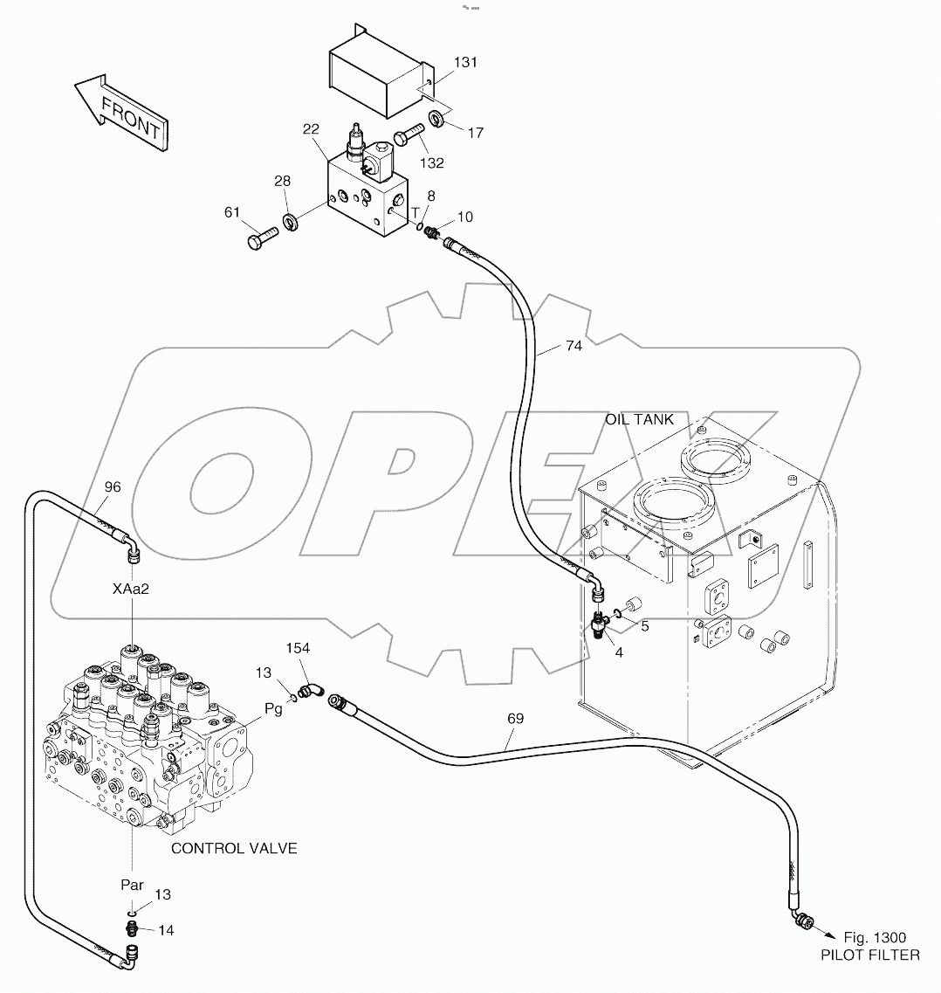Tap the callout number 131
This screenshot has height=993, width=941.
pos(466,63)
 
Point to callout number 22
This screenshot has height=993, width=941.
pos(311,129)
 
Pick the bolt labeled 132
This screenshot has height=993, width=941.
pos(408,137)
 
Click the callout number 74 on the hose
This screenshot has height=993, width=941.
pos(573,346)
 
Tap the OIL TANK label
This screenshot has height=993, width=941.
pos(639,419)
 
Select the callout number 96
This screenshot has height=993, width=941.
pos(113,486)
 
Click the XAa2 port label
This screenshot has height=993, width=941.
pos(131,589)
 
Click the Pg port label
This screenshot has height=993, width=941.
pos(273,709)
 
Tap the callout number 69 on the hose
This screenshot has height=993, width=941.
pos(517,719)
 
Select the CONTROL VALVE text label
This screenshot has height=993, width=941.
pos(233,848)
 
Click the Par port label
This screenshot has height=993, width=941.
pos(132,885)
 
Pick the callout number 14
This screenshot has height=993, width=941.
pos(166,931)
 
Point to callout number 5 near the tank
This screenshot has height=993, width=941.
pos(644,625)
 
